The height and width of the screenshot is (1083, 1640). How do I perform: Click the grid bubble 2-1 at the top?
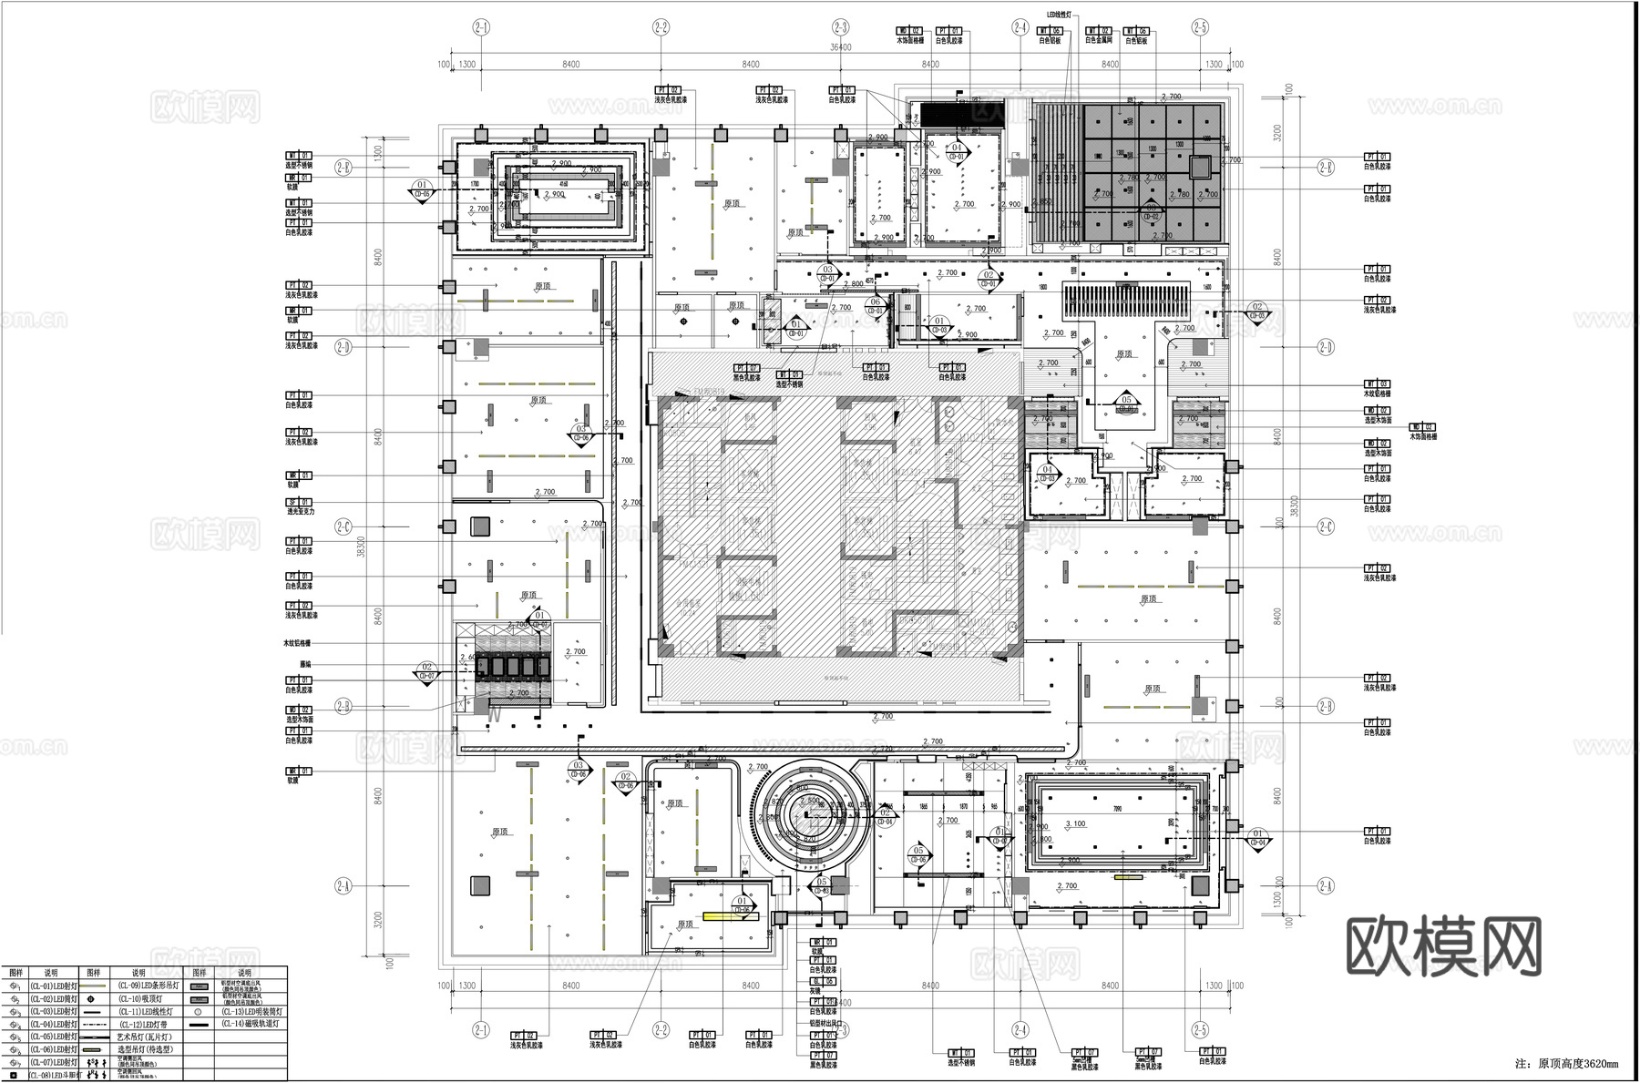481,27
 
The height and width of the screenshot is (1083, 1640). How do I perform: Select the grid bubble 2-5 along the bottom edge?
1200,1030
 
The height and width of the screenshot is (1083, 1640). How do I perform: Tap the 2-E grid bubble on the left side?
343,167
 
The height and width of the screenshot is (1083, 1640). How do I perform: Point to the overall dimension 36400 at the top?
840,47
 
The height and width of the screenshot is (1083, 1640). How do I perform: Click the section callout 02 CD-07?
426,672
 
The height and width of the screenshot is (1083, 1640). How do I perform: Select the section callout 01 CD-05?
422,189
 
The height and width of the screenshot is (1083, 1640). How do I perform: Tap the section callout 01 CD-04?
1258,837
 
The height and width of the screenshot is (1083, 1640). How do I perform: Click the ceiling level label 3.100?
1075,823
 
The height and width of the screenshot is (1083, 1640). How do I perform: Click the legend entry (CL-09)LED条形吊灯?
138,986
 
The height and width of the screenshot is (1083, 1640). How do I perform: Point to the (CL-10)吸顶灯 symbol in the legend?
91,998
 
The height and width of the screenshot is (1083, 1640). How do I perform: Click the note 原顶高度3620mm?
1573,1063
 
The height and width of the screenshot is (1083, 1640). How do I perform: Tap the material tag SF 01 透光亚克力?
300,506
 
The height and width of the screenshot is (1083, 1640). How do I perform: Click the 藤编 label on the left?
305,664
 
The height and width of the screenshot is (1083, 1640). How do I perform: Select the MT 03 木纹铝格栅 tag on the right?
1377,388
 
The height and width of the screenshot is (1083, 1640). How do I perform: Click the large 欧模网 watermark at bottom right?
1443,947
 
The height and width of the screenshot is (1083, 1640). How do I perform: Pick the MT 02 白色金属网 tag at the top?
1098,36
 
